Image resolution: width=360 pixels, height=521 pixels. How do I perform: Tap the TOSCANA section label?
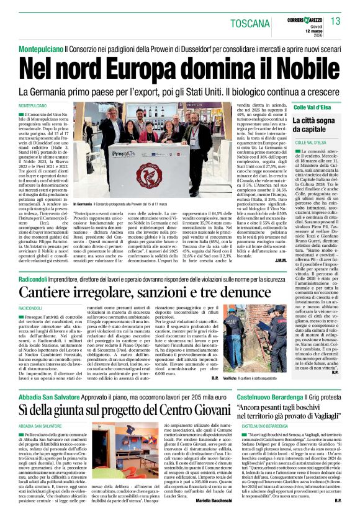251,23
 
